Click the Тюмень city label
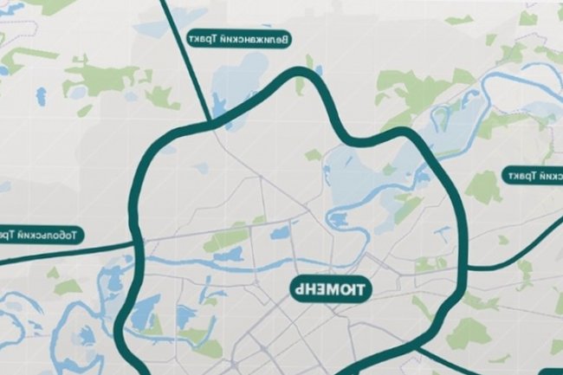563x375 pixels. coord(327,287)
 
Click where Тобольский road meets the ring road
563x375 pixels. coord(137,245)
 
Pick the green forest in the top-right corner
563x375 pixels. coord(527,17)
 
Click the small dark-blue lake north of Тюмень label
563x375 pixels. coord(281,232)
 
